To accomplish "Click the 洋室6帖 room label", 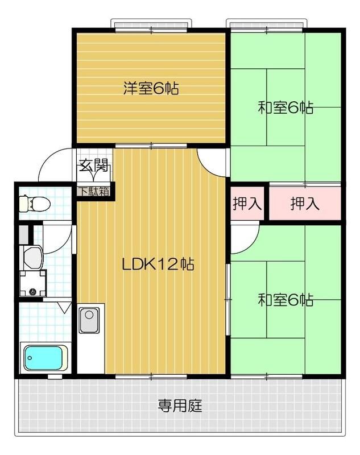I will (151, 89).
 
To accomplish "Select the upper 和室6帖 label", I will (285, 107).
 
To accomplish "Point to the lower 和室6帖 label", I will (285, 300).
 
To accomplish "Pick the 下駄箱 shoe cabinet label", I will (94, 191).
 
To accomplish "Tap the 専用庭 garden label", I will (180, 406).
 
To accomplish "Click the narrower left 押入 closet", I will (247, 204).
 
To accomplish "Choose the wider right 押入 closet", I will (305, 204).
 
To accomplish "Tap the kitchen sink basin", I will (89, 320).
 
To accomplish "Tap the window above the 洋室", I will (151, 25).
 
